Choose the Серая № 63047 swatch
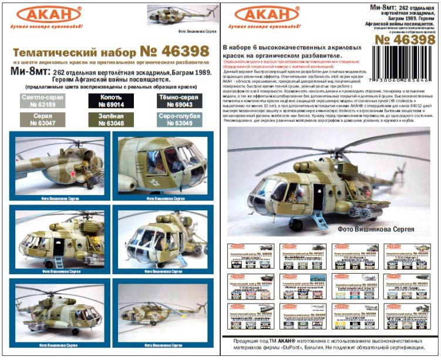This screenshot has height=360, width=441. (43, 120)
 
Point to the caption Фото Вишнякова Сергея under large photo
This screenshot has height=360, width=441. (385, 228)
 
